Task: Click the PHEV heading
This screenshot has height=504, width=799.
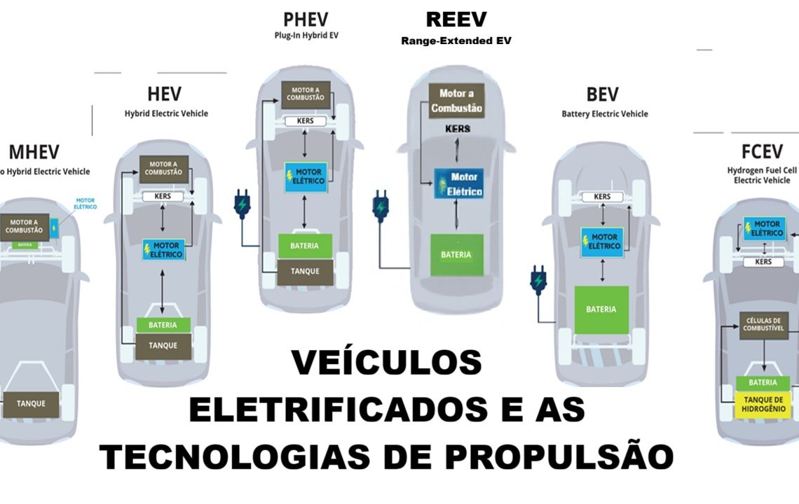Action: click(306, 20)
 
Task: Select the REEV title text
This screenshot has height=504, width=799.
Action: click(456, 20)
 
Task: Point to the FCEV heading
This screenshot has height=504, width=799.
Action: click(765, 151)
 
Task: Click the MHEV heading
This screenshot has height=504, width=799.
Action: click(34, 152)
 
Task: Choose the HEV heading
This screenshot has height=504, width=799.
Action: click(164, 94)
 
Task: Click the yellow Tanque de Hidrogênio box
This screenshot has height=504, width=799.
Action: click(763, 404)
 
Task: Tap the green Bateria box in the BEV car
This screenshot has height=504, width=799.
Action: click(601, 309)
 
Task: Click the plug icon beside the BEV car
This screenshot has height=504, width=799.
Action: click(538, 280)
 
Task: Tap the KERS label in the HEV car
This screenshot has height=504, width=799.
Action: click(163, 197)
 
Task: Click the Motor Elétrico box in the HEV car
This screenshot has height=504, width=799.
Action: click(163, 249)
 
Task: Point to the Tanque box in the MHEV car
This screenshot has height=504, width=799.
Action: click(32, 403)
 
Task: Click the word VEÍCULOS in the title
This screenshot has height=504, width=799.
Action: click(386, 363)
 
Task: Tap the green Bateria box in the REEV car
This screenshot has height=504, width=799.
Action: click(456, 255)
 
